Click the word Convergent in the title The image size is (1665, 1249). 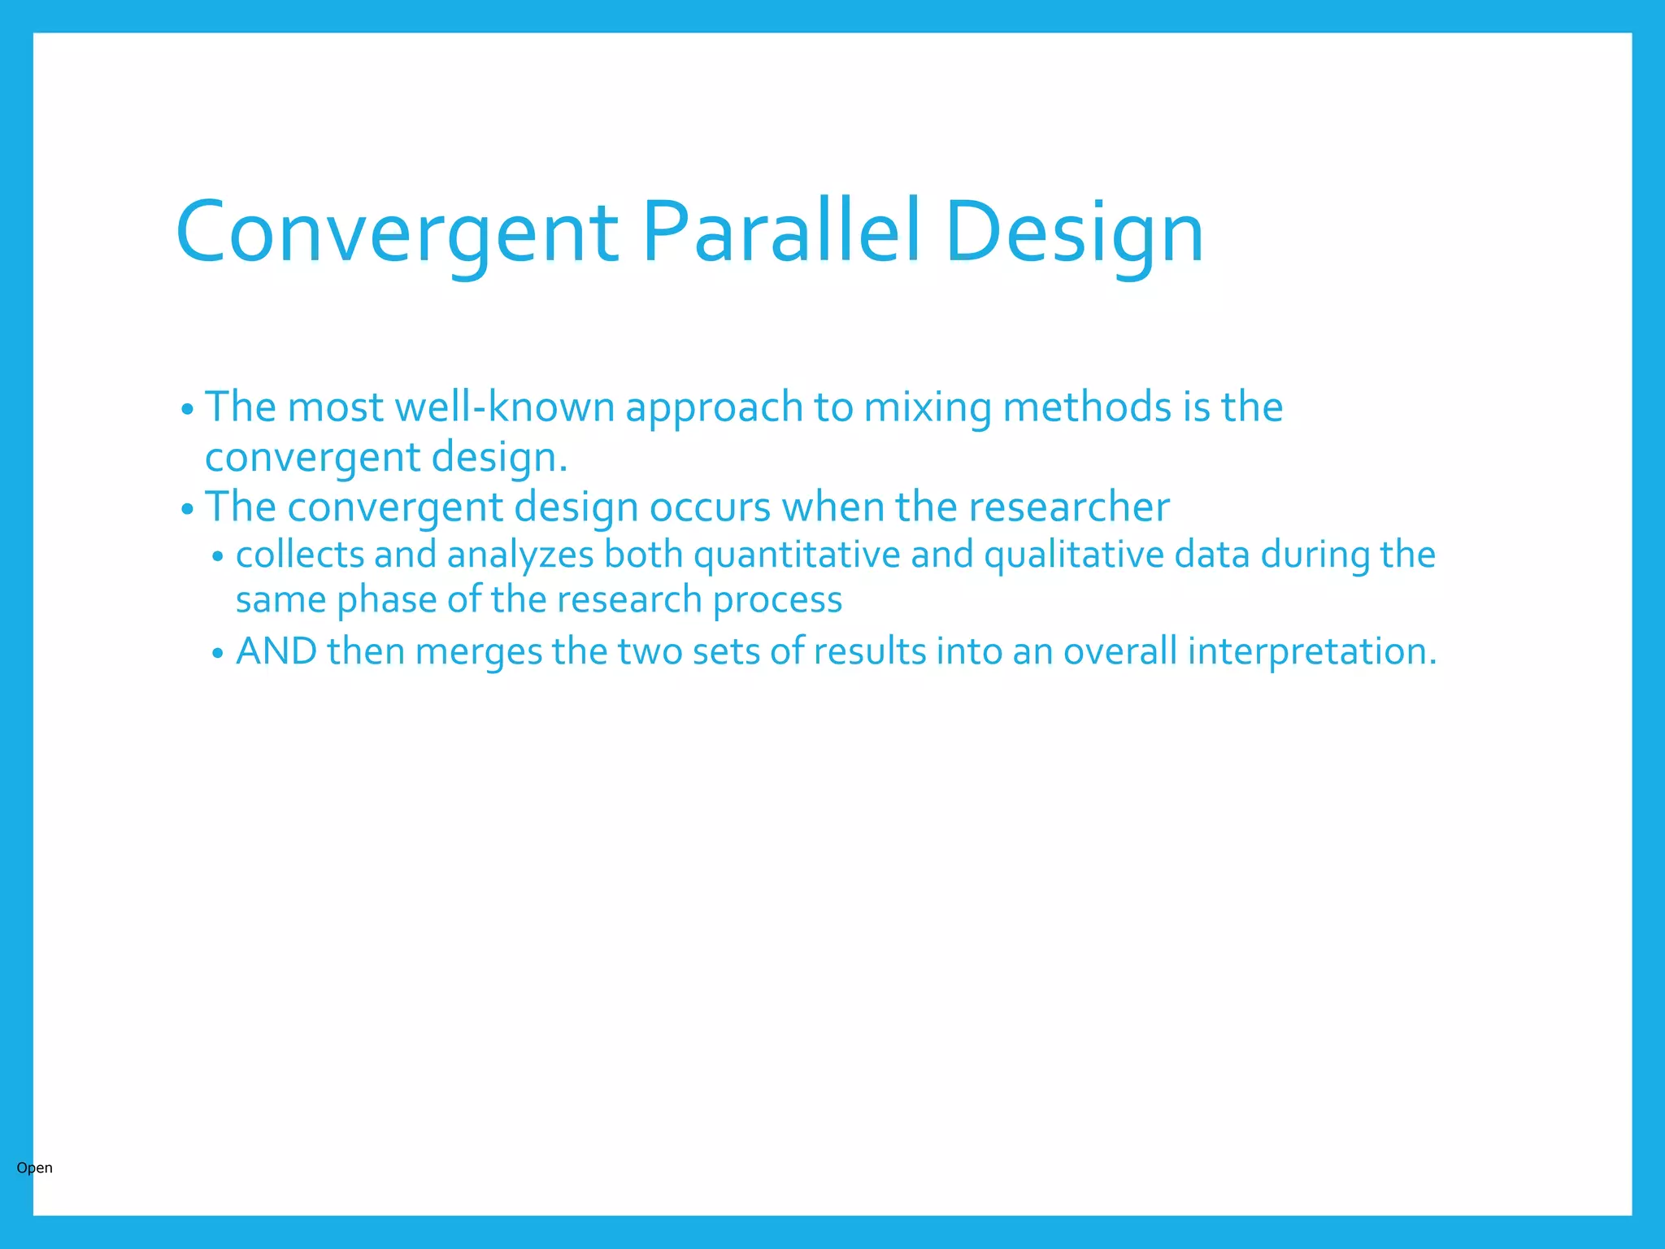coord(397,233)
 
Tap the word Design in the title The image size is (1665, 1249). coord(1073,233)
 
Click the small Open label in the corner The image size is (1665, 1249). coord(34,1168)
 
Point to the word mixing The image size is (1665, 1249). coord(928,407)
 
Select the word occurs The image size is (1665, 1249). coord(710,507)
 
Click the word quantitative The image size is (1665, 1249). coord(797,555)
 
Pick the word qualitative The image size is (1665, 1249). coord(1074,555)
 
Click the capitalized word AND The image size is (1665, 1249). coord(276,651)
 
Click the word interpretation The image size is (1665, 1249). coord(1311,652)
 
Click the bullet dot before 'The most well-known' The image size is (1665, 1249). coord(187,410)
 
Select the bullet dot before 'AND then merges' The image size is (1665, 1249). coord(217,654)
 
